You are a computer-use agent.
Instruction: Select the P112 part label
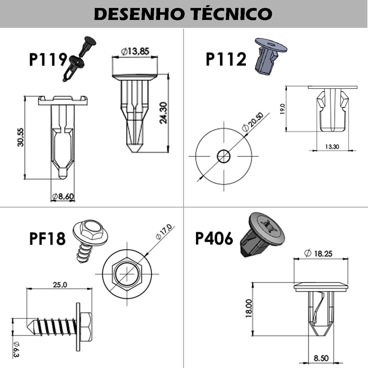pos(226,59)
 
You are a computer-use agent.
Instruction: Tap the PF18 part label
pos(47,238)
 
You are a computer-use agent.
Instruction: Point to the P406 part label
pos(214,238)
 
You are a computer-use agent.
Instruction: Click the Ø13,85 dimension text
pos(135,51)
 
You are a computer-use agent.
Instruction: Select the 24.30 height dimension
pos(163,113)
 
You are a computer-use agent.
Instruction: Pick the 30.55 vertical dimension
pos(21,137)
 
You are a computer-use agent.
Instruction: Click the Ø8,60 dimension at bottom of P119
pos(63,197)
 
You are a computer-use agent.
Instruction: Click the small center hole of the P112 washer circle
pos(224,156)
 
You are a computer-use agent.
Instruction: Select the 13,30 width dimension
pos(332,147)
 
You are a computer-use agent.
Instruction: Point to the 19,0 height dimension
pos(282,109)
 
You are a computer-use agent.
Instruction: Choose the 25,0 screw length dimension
pos(60,285)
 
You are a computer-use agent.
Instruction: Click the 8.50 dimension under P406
pos(321,358)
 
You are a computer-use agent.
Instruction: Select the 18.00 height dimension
pos(248,308)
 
